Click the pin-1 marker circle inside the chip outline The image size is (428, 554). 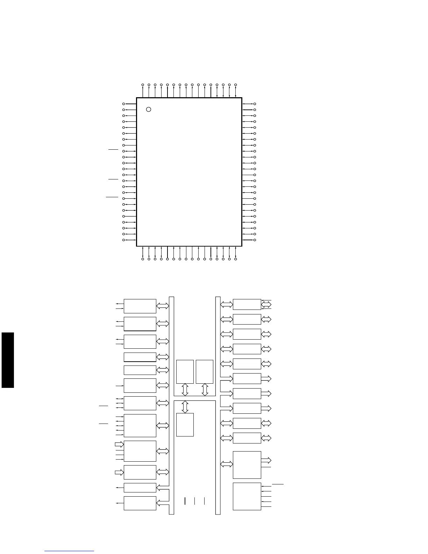pyautogui.click(x=149, y=109)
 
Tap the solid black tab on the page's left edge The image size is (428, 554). pyautogui.click(x=8, y=360)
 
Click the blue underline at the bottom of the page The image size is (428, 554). pyautogui.click(x=69, y=551)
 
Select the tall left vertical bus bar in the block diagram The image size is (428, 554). pyautogui.click(x=171, y=406)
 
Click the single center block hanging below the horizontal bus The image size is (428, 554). pyautogui.click(x=185, y=425)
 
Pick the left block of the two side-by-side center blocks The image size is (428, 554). pyautogui.click(x=185, y=371)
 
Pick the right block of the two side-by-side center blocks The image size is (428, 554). pyautogui.click(x=205, y=371)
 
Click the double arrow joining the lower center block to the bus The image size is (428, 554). pyautogui.click(x=185, y=407)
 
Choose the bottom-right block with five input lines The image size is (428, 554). pyautogui.click(x=247, y=496)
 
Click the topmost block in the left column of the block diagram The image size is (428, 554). pyautogui.click(x=140, y=306)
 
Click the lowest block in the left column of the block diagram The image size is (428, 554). pyautogui.click(x=140, y=503)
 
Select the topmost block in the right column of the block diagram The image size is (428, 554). pyautogui.click(x=247, y=304)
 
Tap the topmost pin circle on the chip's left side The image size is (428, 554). pyautogui.click(x=123, y=104)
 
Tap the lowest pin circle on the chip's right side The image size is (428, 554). pyautogui.click(x=255, y=240)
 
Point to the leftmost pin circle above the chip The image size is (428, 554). pyautogui.click(x=143, y=85)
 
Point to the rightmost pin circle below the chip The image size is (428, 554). pyautogui.click(x=236, y=259)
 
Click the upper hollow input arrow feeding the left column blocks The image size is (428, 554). pyautogui.click(x=119, y=445)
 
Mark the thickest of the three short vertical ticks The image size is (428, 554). pyautogui.click(x=184, y=501)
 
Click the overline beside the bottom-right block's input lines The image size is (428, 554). pyautogui.click(x=278, y=484)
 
